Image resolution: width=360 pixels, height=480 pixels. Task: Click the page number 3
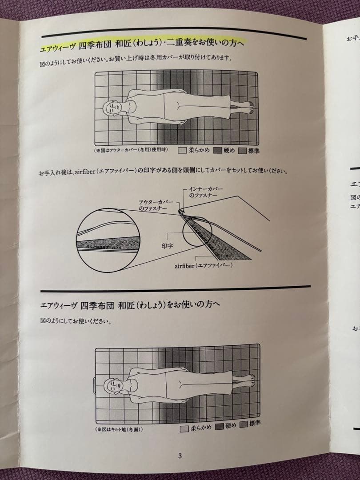180,456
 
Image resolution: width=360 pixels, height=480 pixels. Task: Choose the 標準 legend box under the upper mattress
243,150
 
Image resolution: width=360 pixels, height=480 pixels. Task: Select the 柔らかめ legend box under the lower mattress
184,429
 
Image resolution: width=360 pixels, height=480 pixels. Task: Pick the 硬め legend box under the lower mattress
218,427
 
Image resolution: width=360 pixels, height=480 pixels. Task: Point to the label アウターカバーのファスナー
156,205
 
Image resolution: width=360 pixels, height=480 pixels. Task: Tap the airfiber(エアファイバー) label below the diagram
204,265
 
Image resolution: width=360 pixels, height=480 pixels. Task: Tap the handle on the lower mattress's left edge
94,384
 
